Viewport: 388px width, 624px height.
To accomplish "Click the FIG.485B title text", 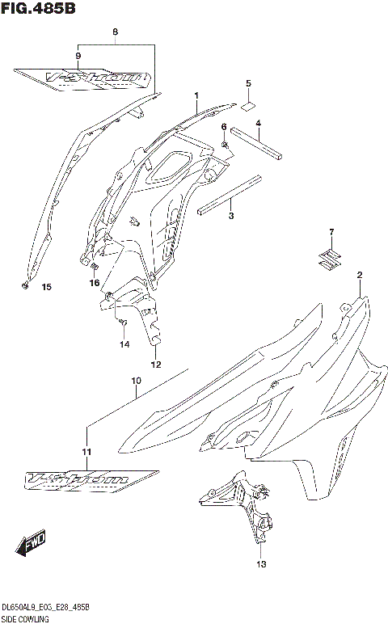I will (38, 9).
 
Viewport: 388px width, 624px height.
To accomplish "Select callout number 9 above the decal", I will (78, 55).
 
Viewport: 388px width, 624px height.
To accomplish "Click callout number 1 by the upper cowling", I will (196, 95).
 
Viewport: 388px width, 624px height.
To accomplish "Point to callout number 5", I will (248, 83).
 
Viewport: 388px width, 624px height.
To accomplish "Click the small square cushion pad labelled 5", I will (248, 104).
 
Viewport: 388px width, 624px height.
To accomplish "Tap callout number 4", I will (258, 124).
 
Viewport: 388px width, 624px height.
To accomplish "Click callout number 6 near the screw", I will (224, 128).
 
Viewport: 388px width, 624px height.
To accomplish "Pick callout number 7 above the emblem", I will (330, 234).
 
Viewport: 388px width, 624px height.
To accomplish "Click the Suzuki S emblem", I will (329, 259).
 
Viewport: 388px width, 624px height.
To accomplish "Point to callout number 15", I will (45, 287).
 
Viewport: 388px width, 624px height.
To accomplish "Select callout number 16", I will (95, 283).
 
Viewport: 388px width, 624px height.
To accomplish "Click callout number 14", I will (124, 344).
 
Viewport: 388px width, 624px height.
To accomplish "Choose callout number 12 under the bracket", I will (156, 364).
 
